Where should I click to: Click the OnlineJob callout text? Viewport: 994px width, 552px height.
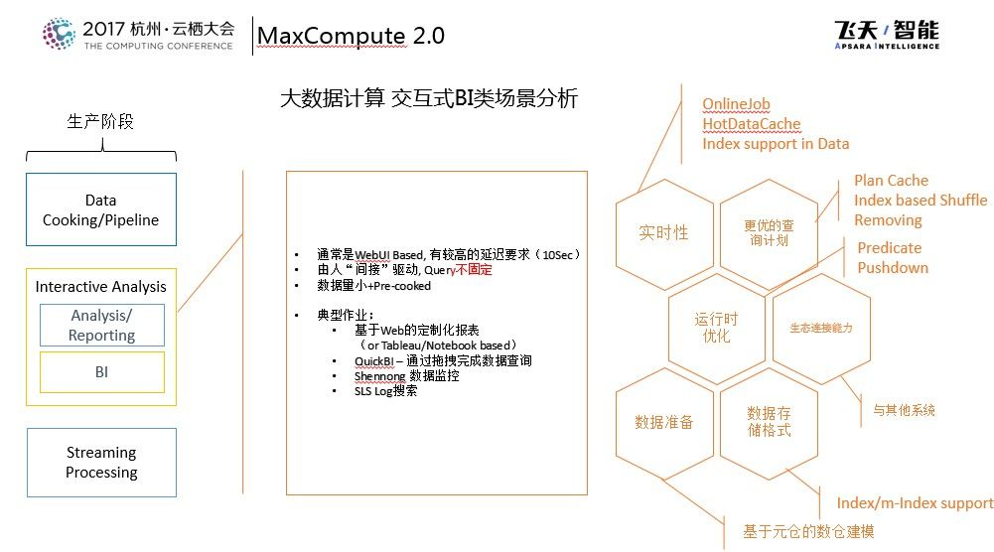pyautogui.click(x=736, y=104)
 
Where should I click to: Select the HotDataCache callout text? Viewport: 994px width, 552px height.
pyautogui.click(x=751, y=123)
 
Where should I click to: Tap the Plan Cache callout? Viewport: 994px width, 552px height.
pyautogui.click(x=891, y=181)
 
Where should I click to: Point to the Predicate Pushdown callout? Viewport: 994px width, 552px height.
pyautogui.click(x=893, y=258)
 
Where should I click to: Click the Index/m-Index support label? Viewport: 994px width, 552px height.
pyautogui.click(x=915, y=503)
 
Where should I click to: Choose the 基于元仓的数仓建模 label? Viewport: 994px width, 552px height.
pyautogui.click(x=808, y=531)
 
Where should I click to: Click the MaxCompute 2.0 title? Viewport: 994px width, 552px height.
pyautogui.click(x=351, y=36)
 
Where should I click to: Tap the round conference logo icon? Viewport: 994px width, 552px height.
pyautogui.click(x=59, y=34)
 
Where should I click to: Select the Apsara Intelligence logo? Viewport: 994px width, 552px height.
pyautogui.click(x=887, y=34)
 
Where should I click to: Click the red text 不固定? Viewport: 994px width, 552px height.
pyautogui.click(x=474, y=270)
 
